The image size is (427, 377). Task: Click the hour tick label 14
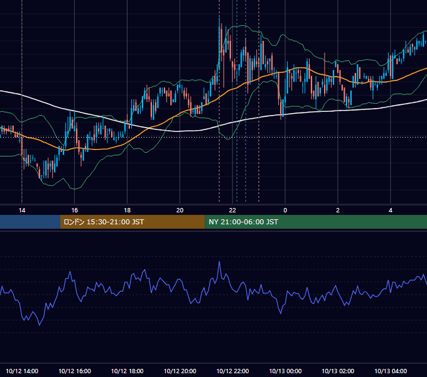point(22,210)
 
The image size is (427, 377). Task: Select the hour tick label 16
point(74,210)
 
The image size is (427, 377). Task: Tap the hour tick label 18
point(127,210)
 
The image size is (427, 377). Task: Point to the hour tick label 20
point(180,210)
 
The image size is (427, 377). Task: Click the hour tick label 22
point(232,210)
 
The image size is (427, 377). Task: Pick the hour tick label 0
point(285,210)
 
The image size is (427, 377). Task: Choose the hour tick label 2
point(338,210)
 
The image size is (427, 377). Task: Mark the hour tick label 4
point(391,210)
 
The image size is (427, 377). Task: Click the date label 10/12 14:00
point(22,371)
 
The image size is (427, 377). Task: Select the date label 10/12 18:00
point(127,371)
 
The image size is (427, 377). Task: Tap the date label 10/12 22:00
point(232,371)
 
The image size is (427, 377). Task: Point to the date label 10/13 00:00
point(285,371)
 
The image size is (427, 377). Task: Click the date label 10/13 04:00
point(391,371)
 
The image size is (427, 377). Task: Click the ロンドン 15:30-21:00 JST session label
point(104,222)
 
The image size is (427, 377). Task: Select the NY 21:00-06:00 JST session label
point(243,222)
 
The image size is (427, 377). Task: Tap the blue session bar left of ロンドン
point(30,222)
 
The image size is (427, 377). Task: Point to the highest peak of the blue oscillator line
point(219,262)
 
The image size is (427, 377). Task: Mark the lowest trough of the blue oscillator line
point(40,325)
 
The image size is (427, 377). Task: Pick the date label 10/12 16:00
point(75,371)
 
